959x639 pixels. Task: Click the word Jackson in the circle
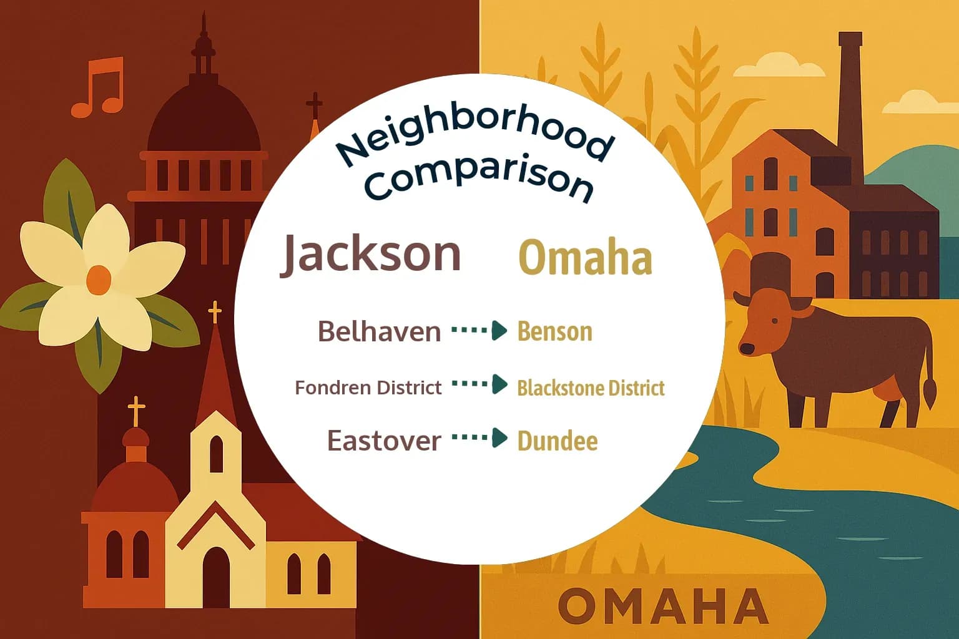coord(371,253)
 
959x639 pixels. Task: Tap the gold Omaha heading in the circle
coord(586,258)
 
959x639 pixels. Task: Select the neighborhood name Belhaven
coord(379,331)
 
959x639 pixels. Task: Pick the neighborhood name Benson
coord(554,331)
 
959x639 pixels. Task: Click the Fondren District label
coord(368,388)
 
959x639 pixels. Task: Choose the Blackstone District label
coord(591,388)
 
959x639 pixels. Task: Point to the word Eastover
coord(384,441)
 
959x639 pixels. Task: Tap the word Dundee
coord(557,441)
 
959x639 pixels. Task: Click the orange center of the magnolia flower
coord(98,279)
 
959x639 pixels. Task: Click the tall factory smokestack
coord(850,106)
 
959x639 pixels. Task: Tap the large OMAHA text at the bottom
coord(662,606)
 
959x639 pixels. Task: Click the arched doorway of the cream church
coord(215,577)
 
